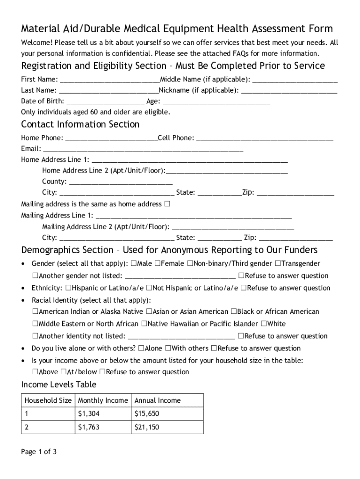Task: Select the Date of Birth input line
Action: (105, 101)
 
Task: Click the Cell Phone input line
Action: (265, 138)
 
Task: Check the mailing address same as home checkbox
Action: (167, 204)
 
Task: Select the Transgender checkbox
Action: (278, 264)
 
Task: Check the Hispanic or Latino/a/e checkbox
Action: (68, 288)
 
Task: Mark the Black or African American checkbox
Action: (233, 312)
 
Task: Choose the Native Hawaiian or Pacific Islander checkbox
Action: (144, 324)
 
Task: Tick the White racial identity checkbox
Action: (264, 324)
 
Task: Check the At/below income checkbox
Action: (63, 372)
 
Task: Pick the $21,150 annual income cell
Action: (147, 427)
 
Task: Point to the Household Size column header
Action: (48, 401)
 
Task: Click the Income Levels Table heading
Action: (59, 385)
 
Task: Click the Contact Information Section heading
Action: (80, 124)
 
